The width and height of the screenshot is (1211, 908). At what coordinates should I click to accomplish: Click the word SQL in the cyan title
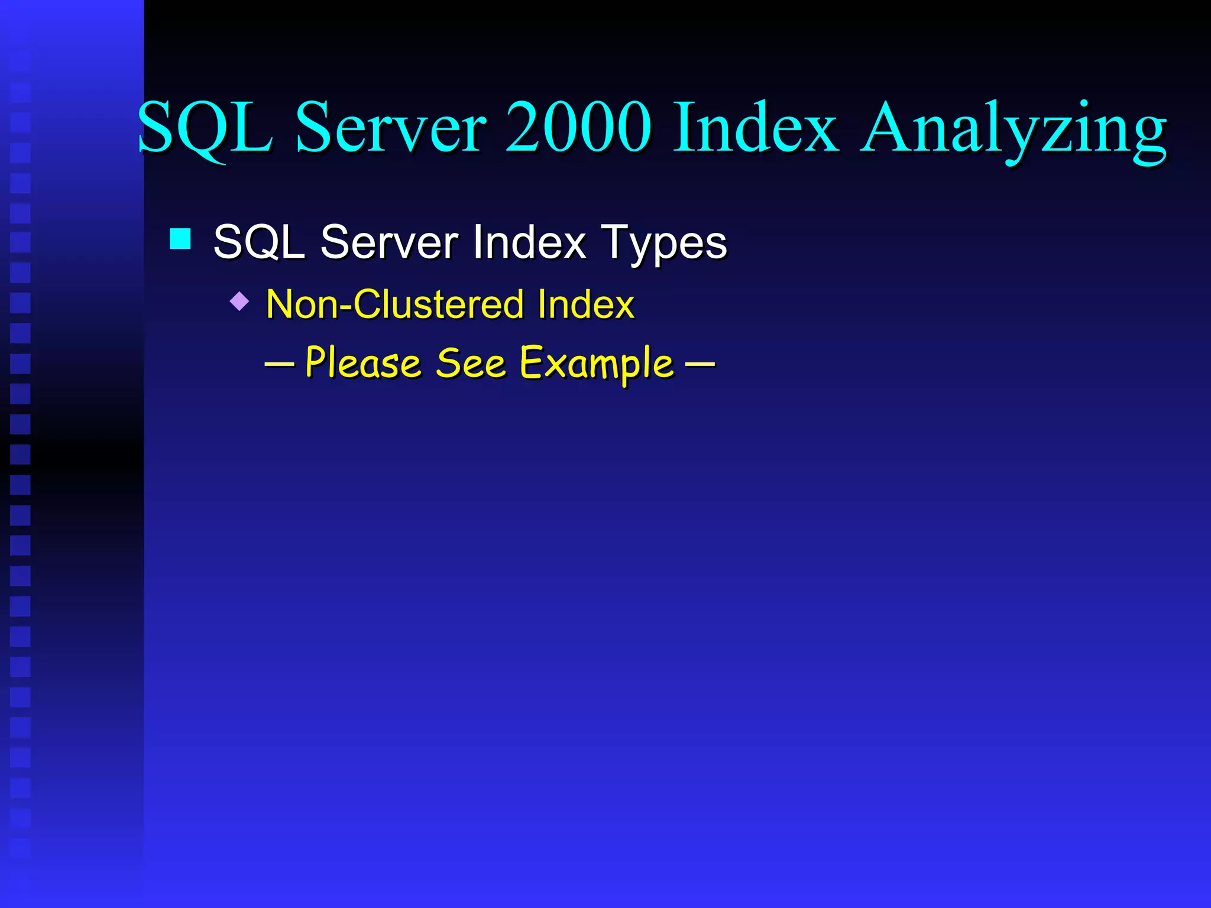point(205,128)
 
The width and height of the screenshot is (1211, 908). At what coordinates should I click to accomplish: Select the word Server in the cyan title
point(391,128)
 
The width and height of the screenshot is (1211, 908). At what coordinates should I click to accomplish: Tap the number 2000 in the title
point(578,128)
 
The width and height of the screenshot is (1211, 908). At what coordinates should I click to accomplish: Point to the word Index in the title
point(755,128)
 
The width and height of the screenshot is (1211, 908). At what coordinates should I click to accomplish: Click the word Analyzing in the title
point(1013,129)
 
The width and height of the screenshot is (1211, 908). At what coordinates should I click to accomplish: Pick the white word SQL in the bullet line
point(258,242)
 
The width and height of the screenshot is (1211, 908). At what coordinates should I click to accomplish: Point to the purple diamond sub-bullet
point(239,301)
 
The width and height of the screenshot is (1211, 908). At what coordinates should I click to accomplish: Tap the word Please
point(363,363)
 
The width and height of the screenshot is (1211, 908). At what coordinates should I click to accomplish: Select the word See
point(471,363)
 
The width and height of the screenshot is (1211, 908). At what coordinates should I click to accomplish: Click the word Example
point(597,364)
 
